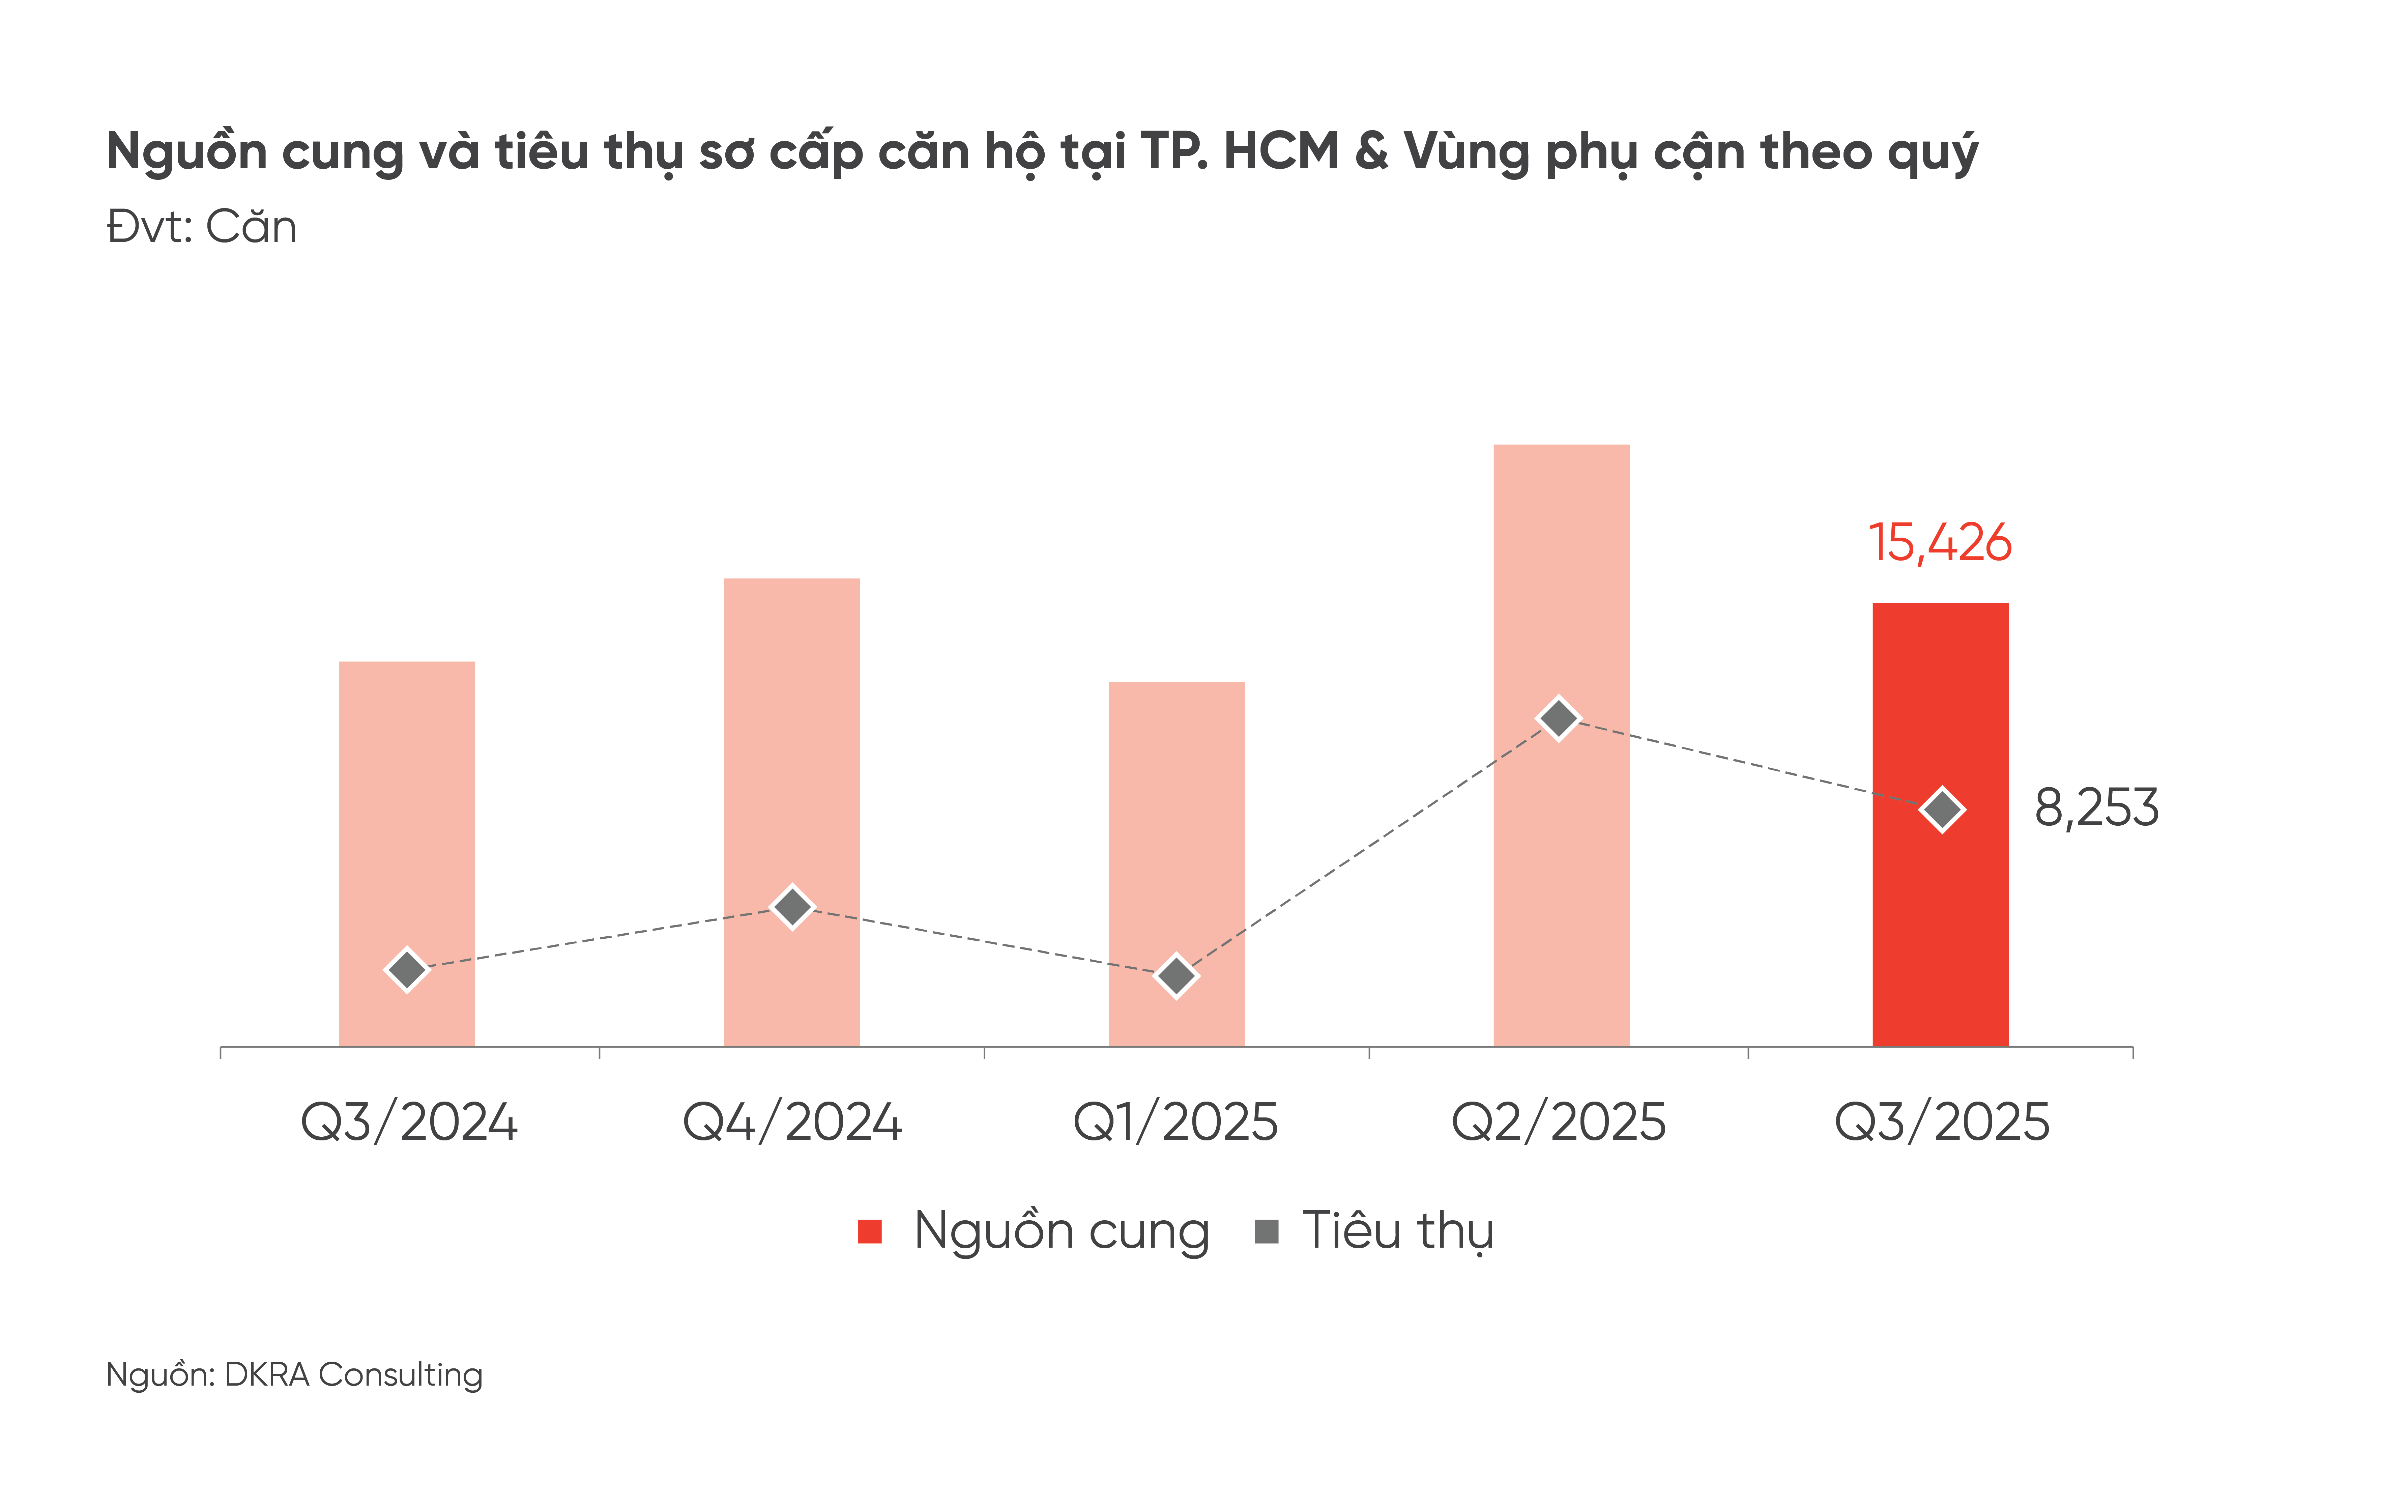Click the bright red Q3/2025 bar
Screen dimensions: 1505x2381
pyautogui.click(x=1940, y=930)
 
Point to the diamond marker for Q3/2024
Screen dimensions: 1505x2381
pyautogui.click(x=406, y=969)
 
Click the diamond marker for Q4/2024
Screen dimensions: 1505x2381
pyautogui.click(x=792, y=906)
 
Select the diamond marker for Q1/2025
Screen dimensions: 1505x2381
pyautogui.click(x=1176, y=976)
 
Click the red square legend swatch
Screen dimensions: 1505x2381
pyautogui.click(x=869, y=1231)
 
